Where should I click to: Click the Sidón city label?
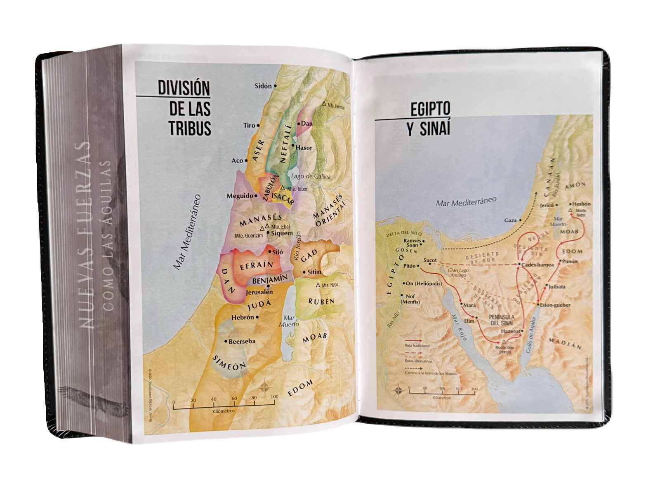pyautogui.click(x=263, y=86)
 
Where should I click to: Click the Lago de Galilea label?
pyautogui.click(x=311, y=176)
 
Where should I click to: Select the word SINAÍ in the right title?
pyautogui.click(x=429, y=129)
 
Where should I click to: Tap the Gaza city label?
pyautogui.click(x=510, y=221)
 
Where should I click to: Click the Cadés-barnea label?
pyautogui.click(x=537, y=265)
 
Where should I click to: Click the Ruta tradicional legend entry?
pyautogui.click(x=417, y=346)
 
